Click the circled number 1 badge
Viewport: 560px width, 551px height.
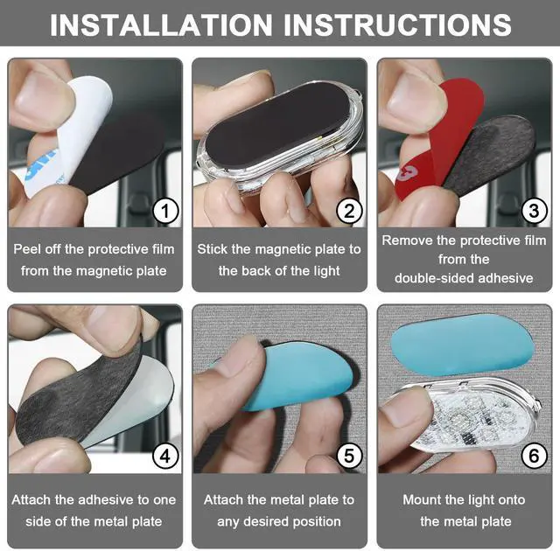[x=165, y=211]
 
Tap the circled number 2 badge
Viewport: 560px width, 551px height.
[x=350, y=211]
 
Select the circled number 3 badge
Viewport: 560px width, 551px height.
[x=535, y=211]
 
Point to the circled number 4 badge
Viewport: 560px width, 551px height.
[x=165, y=456]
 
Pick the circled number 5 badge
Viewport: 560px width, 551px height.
[x=350, y=456]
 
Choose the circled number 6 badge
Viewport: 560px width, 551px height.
[x=535, y=456]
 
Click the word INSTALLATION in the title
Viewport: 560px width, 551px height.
[x=161, y=24]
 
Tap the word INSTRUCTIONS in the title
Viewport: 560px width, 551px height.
[x=397, y=24]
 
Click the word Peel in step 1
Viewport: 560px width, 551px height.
[x=25, y=249]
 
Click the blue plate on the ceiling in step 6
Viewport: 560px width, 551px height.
[x=463, y=345]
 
